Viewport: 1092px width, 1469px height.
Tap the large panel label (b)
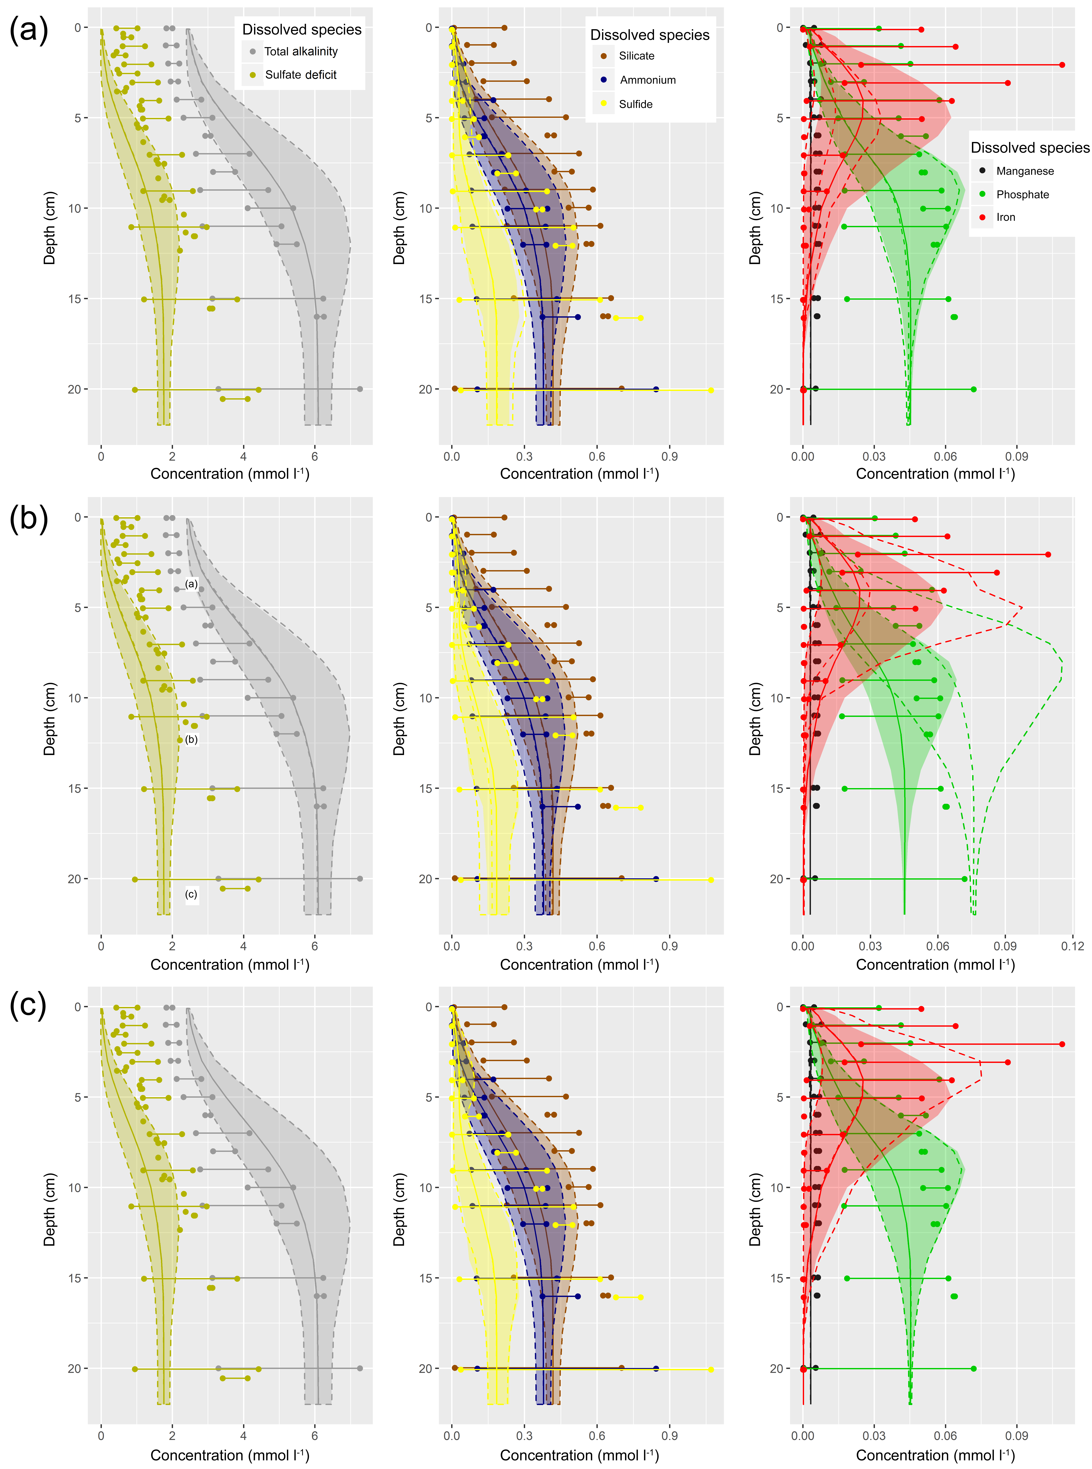(x=28, y=519)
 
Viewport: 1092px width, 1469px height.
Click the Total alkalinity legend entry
(x=301, y=52)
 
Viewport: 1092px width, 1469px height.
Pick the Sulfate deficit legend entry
(x=301, y=75)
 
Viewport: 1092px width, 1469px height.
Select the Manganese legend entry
(x=1025, y=171)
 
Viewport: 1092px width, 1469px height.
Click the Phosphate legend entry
(x=1022, y=194)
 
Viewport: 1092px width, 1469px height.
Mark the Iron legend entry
(x=1005, y=217)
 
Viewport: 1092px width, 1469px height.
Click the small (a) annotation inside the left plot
(x=191, y=584)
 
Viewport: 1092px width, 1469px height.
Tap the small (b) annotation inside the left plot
(x=191, y=739)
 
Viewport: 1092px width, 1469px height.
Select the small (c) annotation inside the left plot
(x=191, y=895)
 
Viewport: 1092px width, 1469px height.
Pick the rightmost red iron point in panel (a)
(x=1062, y=65)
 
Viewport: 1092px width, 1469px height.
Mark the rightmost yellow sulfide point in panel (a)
(x=711, y=391)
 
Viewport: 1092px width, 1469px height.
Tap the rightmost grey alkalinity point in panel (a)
(x=360, y=389)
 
